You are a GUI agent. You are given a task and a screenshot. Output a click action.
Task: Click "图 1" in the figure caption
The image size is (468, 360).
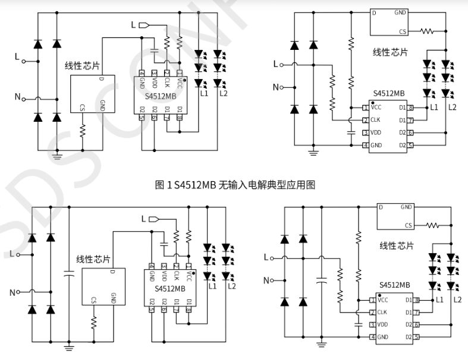coord(162,185)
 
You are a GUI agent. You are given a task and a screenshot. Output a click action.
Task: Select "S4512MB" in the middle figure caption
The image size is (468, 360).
coord(193,185)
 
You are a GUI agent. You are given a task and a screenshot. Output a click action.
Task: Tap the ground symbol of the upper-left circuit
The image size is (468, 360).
coord(58,157)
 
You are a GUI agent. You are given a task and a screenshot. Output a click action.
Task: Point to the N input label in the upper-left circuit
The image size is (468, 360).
coord(17,96)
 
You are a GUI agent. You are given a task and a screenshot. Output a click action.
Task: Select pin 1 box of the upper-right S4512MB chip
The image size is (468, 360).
coord(365,108)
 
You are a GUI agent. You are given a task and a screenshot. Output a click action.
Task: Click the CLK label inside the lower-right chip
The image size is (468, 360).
coord(382,312)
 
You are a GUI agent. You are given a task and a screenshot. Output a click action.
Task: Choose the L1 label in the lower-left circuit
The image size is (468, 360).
coord(212,286)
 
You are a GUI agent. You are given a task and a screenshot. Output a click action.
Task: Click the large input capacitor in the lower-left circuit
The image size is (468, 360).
coord(69,274)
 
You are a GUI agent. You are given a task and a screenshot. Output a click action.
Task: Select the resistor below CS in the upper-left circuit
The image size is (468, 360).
coord(83,130)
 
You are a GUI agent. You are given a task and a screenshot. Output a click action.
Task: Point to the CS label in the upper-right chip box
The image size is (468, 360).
coord(403,31)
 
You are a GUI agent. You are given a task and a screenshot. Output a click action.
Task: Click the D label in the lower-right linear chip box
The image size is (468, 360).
coord(381,207)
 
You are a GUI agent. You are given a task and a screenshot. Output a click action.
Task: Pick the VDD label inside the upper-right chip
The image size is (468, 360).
coord(376,132)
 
